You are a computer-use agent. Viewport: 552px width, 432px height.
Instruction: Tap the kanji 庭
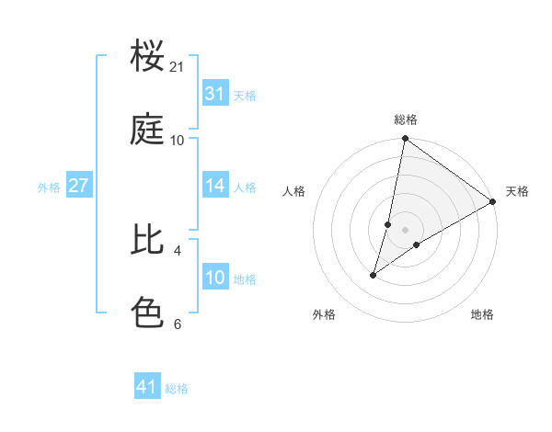147,131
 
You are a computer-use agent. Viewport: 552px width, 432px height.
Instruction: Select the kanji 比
147,239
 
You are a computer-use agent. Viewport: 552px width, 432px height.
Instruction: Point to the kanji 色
147,313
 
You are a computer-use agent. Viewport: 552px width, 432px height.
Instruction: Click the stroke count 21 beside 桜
178,67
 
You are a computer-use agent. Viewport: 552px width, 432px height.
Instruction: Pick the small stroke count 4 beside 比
177,250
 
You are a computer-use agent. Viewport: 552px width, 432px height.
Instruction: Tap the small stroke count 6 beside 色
177,324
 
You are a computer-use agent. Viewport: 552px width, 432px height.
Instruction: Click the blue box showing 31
215,94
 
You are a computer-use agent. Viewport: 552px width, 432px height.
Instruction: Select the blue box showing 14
215,186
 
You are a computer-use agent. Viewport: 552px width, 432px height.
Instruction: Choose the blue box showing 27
79,186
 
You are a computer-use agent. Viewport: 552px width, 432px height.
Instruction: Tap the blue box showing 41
147,387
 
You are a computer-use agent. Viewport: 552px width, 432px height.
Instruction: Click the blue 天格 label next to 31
245,95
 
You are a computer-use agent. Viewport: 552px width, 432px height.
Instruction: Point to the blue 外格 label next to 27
49,187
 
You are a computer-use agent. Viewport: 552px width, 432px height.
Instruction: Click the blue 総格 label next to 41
177,388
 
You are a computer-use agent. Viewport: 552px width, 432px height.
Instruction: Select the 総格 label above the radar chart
406,119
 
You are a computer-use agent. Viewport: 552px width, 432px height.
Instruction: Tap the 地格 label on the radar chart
482,314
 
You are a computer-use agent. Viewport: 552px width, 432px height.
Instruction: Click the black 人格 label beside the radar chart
294,191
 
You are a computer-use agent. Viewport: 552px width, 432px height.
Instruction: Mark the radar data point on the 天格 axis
493,201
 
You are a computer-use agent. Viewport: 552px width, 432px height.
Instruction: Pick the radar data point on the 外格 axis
374,275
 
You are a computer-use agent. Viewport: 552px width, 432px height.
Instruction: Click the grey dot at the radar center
406,229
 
